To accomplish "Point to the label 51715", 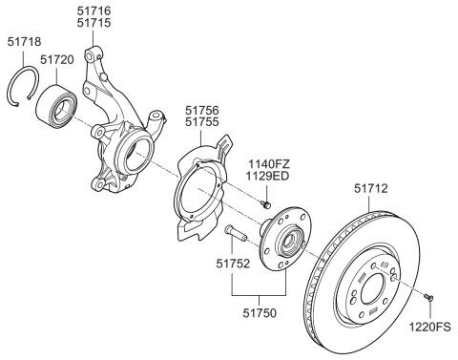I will [x=98, y=22].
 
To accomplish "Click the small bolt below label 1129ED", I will [x=266, y=202].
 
